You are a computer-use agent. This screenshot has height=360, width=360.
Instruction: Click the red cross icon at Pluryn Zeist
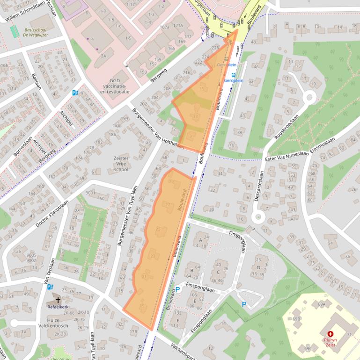(x=331, y=334)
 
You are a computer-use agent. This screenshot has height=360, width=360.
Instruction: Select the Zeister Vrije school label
(x=121, y=164)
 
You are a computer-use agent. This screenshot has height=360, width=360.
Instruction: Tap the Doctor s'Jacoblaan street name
(x=52, y=214)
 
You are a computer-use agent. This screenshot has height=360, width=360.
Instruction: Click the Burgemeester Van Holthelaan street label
(x=158, y=130)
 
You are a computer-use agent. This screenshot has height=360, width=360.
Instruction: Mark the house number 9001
(x=90, y=193)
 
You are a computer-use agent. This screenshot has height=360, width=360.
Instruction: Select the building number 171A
(x=178, y=25)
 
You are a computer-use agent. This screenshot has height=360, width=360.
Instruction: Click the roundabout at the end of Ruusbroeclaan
(x=309, y=98)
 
